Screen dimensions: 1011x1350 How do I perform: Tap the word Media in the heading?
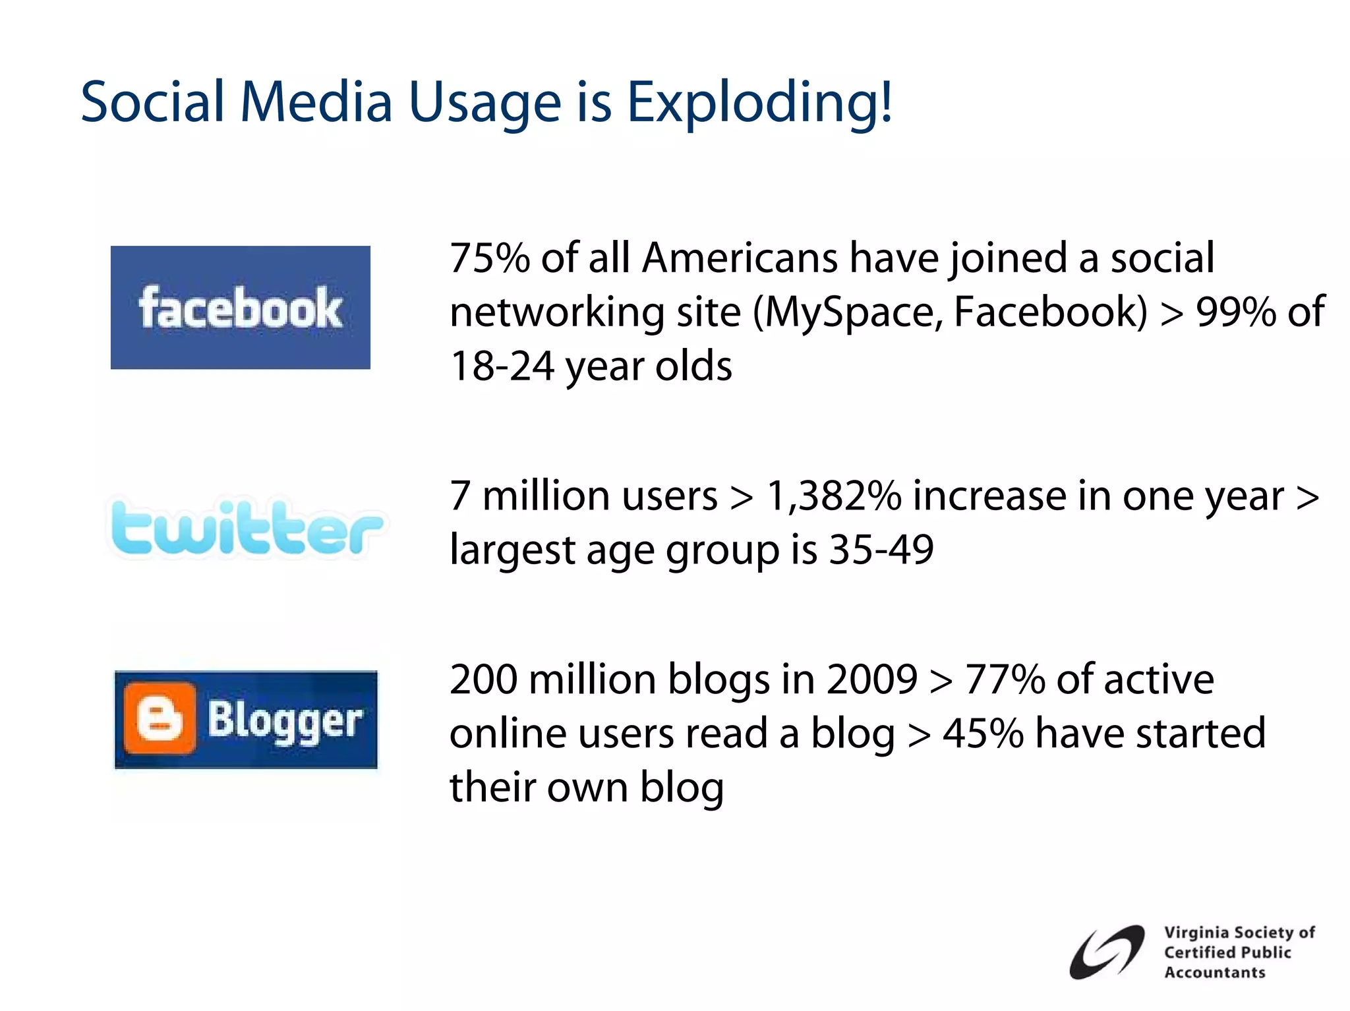point(316,103)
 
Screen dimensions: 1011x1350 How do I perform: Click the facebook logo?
point(240,307)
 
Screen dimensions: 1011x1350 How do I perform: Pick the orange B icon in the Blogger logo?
point(159,719)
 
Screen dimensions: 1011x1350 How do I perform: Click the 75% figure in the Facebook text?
point(490,258)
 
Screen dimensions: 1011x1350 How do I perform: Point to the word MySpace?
point(850,312)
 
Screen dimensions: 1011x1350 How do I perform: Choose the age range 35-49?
point(881,550)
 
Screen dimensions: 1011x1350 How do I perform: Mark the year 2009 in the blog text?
point(871,679)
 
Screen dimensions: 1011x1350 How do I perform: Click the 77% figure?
point(1005,679)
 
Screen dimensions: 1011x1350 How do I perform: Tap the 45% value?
point(983,734)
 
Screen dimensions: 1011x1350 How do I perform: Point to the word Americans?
point(740,258)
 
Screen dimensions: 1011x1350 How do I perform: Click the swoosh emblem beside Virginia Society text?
point(1105,952)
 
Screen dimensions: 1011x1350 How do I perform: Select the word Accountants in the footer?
point(1214,973)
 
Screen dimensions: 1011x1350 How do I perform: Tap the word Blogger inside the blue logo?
point(285,720)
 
